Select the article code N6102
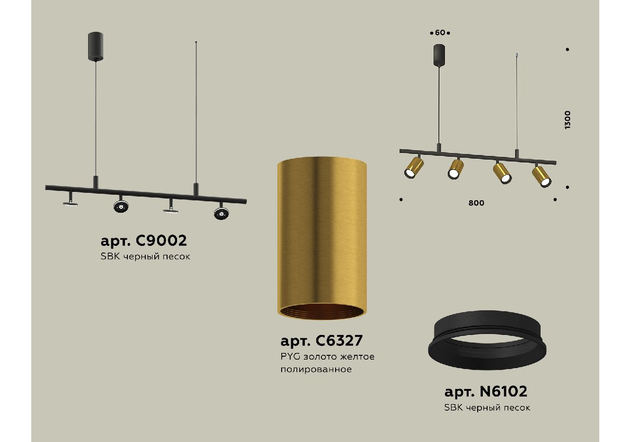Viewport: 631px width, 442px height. pyautogui.click(x=503, y=391)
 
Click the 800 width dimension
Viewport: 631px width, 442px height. pyautogui.click(x=476, y=203)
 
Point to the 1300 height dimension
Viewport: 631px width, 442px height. pyautogui.click(x=568, y=120)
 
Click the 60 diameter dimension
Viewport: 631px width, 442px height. pyautogui.click(x=440, y=33)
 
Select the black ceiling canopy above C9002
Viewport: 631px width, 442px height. pyautogui.click(x=96, y=46)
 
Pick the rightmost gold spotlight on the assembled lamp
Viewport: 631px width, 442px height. pyautogui.click(x=542, y=177)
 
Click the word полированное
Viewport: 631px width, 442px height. pyautogui.click(x=316, y=369)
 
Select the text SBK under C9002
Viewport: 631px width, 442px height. pyautogui.click(x=110, y=256)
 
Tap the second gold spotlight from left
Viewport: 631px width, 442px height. pyautogui.click(x=455, y=169)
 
